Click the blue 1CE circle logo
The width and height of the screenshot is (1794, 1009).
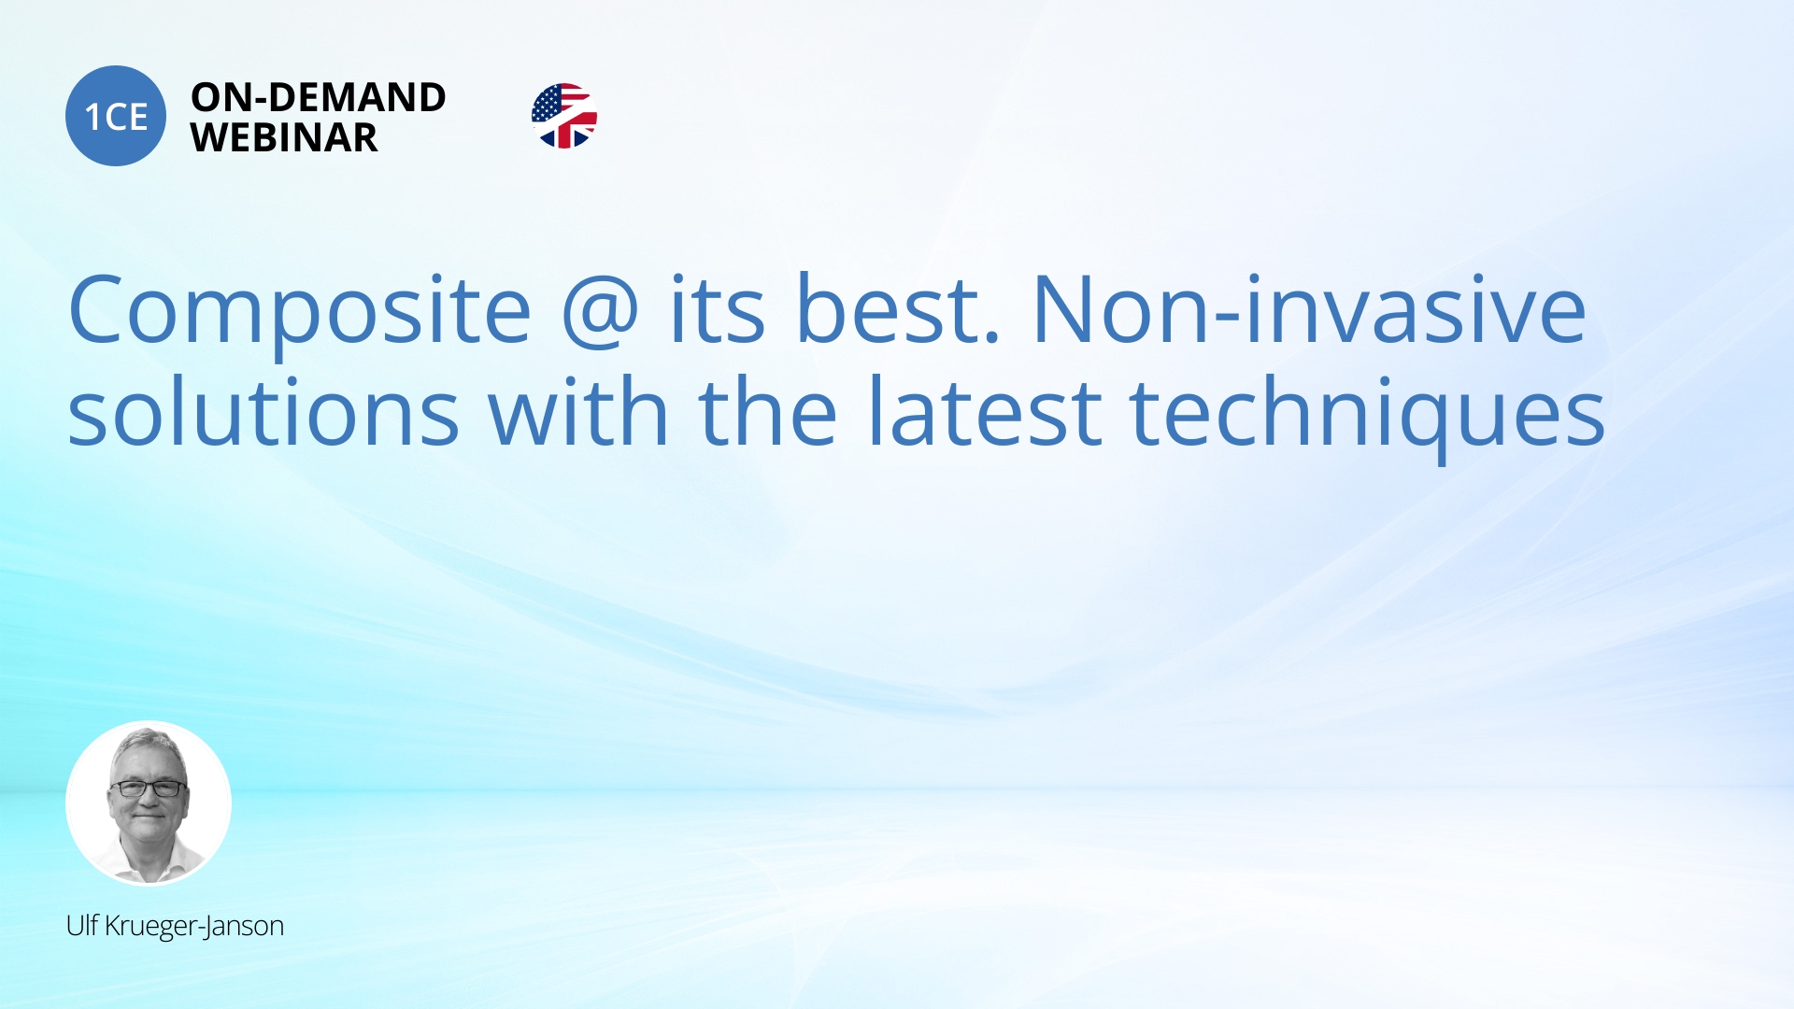pos(116,116)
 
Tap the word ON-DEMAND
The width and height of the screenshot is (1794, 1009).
pos(319,97)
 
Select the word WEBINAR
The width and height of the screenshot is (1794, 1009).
pos(284,137)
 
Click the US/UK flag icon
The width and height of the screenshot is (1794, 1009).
pos(564,116)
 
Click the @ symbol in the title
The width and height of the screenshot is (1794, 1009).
pos(601,312)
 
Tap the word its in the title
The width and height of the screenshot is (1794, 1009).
pos(718,308)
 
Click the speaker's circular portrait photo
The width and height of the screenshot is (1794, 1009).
pos(149,803)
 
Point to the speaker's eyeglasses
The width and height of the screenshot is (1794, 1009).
pos(149,789)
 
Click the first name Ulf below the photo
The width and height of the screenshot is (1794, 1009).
pos(82,925)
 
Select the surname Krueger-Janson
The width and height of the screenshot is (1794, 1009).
pos(194,926)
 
